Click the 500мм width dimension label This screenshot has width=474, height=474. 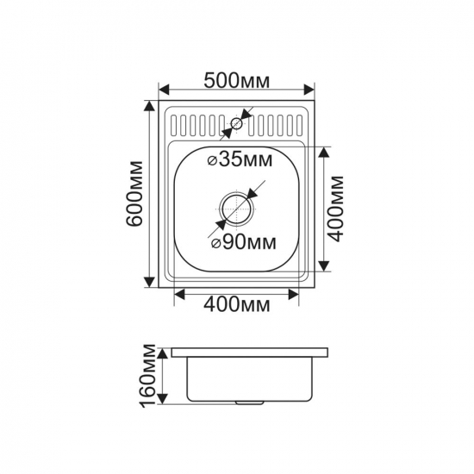click(237, 81)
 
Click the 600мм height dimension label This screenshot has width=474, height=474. click(134, 193)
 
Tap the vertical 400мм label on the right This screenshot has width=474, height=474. click(336, 209)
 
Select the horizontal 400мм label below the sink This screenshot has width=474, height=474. click(237, 305)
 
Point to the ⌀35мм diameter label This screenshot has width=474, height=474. click(240, 159)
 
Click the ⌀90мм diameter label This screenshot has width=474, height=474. click(244, 242)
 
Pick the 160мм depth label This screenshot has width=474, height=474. click(148, 376)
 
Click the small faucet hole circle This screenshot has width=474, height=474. click(236, 123)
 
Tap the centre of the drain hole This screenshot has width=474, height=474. click(236, 209)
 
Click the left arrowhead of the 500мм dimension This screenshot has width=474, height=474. click(164, 90)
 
